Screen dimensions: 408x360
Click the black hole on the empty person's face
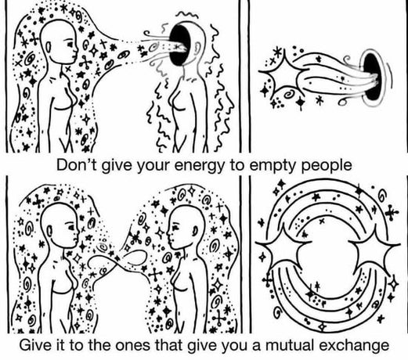179,45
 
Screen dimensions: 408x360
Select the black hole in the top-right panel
372,77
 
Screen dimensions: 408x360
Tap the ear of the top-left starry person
49,47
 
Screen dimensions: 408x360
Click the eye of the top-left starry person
70,45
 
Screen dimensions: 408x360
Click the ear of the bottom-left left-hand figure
49,231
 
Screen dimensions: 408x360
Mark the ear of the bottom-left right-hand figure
195,230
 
